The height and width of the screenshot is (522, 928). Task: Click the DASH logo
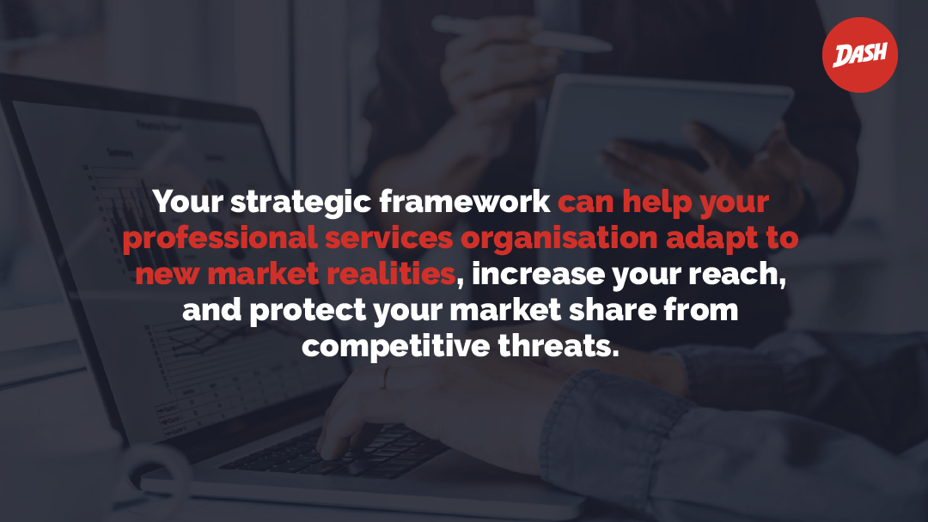(x=859, y=55)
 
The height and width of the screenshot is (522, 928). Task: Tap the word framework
(x=465, y=201)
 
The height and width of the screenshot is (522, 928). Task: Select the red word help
(x=657, y=203)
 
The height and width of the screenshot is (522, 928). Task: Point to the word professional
(x=220, y=239)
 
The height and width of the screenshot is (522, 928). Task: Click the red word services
(x=389, y=238)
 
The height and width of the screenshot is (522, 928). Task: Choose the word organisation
(x=559, y=239)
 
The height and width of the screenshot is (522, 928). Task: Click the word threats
(x=559, y=346)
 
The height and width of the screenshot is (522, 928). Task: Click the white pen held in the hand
(x=521, y=33)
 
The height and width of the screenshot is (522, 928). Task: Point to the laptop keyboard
(x=334, y=452)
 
